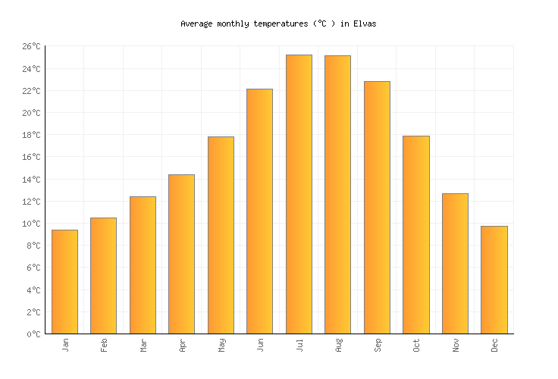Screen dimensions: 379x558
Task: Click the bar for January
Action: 64,281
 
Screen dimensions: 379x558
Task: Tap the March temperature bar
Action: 143,265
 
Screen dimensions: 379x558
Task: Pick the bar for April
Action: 181,254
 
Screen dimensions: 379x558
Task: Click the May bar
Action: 221,235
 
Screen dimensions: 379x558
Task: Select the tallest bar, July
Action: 299,194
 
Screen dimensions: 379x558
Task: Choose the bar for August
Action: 337,194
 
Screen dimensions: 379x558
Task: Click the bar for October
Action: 415,234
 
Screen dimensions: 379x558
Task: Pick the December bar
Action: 494,280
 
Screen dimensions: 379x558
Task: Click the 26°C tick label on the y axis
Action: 31,47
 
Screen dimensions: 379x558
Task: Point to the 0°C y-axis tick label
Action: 33,334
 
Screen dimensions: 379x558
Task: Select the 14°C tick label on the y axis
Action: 31,180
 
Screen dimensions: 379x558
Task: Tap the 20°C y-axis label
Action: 31,114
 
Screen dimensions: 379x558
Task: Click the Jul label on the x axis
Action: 299,346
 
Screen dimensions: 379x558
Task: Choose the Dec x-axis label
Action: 494,346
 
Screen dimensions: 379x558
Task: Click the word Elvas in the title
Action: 365,24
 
